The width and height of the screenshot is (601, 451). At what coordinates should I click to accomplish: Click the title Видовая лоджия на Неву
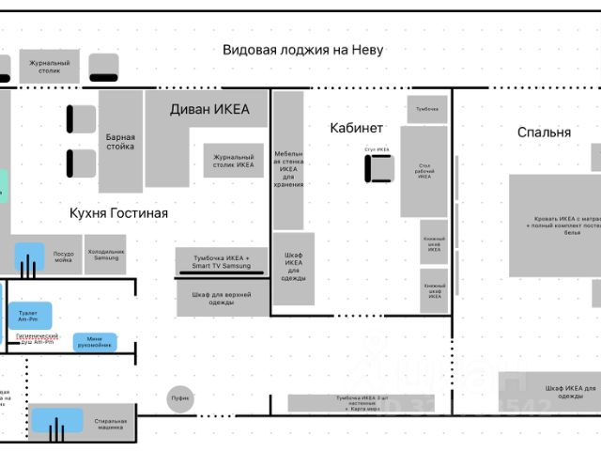pyautogui.click(x=302, y=50)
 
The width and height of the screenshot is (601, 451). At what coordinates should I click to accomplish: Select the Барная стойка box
pyautogui.click(x=120, y=141)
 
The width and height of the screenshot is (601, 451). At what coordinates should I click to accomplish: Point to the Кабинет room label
pyautogui.click(x=356, y=127)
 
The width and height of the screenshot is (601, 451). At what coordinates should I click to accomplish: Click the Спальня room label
pyautogui.click(x=544, y=132)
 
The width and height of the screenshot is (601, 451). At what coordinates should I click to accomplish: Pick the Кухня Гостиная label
pyautogui.click(x=118, y=213)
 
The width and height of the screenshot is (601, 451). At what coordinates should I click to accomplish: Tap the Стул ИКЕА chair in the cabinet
pyautogui.click(x=380, y=165)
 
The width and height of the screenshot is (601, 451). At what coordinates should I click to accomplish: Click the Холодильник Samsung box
pyautogui.click(x=105, y=255)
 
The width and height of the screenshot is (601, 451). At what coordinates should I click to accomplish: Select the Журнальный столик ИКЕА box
pyautogui.click(x=234, y=161)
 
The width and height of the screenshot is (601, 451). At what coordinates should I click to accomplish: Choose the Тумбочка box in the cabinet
pyautogui.click(x=427, y=109)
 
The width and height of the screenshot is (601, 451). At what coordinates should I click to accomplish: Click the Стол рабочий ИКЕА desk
pyautogui.click(x=424, y=172)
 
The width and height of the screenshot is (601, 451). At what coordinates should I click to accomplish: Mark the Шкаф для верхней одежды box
pyautogui.click(x=222, y=298)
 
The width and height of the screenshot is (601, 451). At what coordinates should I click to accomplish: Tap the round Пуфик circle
pyautogui.click(x=180, y=398)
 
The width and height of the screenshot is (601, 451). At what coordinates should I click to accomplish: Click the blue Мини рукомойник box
pyautogui.click(x=96, y=342)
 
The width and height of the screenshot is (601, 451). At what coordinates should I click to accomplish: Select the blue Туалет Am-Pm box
pyautogui.click(x=30, y=316)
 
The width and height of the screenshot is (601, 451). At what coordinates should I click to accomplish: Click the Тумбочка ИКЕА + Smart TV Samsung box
pyautogui.click(x=222, y=262)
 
